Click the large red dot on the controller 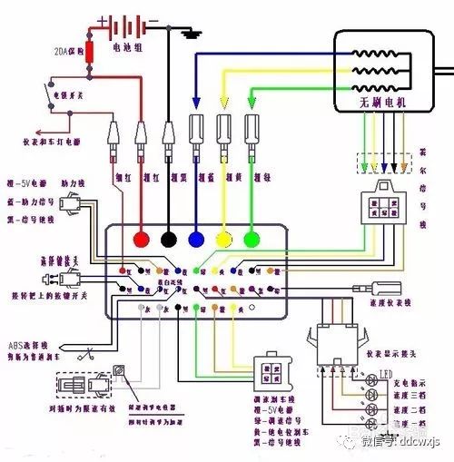[141, 239]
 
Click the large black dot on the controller [168, 239]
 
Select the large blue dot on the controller [196, 239]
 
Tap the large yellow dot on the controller [224, 239]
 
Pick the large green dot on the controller [252, 239]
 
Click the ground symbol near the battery [191, 34]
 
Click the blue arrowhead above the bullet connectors [196, 103]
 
